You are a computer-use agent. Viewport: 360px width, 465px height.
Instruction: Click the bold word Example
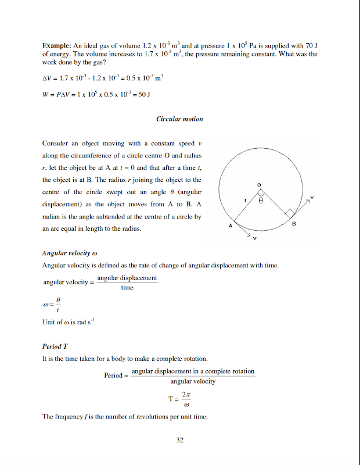[x=56, y=45]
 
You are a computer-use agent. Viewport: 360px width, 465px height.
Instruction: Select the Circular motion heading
[x=179, y=119]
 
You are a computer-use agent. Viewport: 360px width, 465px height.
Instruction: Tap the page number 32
[x=179, y=440]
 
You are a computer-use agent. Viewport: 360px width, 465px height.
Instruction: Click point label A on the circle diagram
[x=230, y=225]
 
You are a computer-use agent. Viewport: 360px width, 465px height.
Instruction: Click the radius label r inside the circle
[x=246, y=201]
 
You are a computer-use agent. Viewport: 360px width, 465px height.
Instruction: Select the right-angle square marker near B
[x=289, y=213]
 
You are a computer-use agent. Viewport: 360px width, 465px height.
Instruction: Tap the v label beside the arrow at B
[x=312, y=198]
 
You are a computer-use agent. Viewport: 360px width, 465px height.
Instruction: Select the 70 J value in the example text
[x=311, y=45]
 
